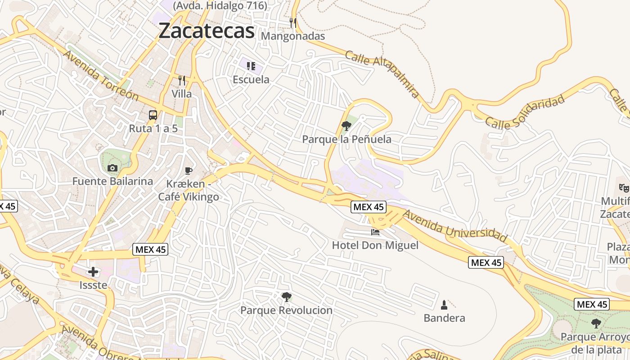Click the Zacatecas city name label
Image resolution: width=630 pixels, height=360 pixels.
click(207, 31)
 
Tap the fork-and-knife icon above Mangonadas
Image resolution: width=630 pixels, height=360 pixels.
click(292, 22)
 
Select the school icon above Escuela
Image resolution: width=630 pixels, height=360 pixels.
click(251, 66)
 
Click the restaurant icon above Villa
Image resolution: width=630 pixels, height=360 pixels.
click(182, 81)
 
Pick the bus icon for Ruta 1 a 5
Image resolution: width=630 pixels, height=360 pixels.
click(153, 115)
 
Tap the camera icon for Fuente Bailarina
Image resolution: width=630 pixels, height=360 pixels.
click(112, 168)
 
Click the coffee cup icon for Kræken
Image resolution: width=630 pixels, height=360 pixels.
click(189, 171)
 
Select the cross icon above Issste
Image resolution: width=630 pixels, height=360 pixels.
click(93, 272)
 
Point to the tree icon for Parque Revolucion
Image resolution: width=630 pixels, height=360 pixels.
click(286, 297)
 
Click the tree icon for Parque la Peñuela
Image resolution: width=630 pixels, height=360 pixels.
click(346, 126)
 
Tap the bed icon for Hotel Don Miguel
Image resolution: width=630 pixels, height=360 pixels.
click(375, 232)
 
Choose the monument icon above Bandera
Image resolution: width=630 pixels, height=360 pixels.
click(444, 305)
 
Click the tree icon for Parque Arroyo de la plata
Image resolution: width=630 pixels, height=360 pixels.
click(596, 323)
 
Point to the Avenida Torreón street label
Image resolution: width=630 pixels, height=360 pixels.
click(101, 75)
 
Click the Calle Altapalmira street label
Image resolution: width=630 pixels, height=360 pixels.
click(382, 74)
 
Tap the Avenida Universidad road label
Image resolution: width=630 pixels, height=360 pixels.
click(455, 226)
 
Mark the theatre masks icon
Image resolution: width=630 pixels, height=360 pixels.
click(623, 188)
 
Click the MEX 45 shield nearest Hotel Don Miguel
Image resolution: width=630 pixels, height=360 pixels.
click(369, 207)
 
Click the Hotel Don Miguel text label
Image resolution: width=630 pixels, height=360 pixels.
click(375, 245)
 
